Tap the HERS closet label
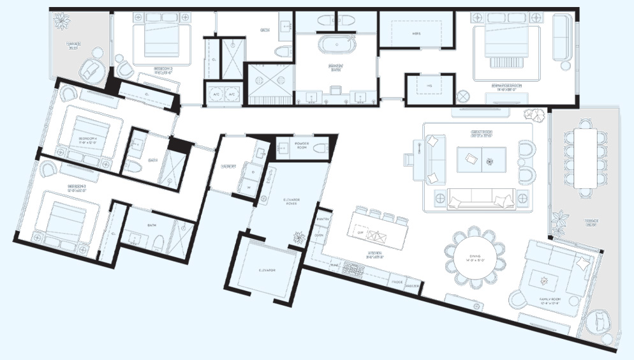tap(416, 34)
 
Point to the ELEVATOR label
tap(267, 271)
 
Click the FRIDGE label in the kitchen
tap(397, 281)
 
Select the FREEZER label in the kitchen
tap(413, 285)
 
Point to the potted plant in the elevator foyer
tap(299, 237)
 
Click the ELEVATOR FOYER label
tap(291, 203)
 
